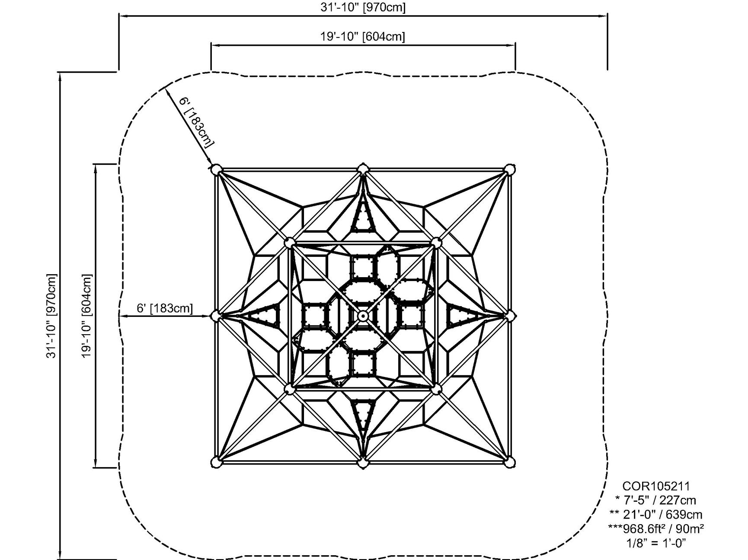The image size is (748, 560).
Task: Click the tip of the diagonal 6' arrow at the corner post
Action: [x=212, y=166]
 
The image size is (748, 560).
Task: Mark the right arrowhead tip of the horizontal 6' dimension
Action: [x=211, y=316]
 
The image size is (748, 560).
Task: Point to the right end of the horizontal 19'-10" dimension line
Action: [x=515, y=44]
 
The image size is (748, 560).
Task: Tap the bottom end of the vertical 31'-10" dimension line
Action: [x=61, y=558]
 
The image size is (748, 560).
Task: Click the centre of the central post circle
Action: [x=363, y=316]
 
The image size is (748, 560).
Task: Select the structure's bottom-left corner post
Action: [x=216, y=462]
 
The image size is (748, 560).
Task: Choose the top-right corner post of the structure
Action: [x=510, y=170]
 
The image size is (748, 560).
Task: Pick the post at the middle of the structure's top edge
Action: [x=363, y=169]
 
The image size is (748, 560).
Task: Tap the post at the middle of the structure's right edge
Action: [x=510, y=316]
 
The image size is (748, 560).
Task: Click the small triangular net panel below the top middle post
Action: [x=363, y=216]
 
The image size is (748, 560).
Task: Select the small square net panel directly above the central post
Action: [x=363, y=268]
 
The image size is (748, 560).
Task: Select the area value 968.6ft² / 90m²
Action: [x=655, y=528]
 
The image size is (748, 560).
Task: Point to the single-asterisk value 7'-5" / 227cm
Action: [x=655, y=500]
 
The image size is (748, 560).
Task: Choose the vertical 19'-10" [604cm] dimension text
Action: [x=86, y=316]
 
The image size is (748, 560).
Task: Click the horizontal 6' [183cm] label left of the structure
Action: [x=165, y=308]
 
